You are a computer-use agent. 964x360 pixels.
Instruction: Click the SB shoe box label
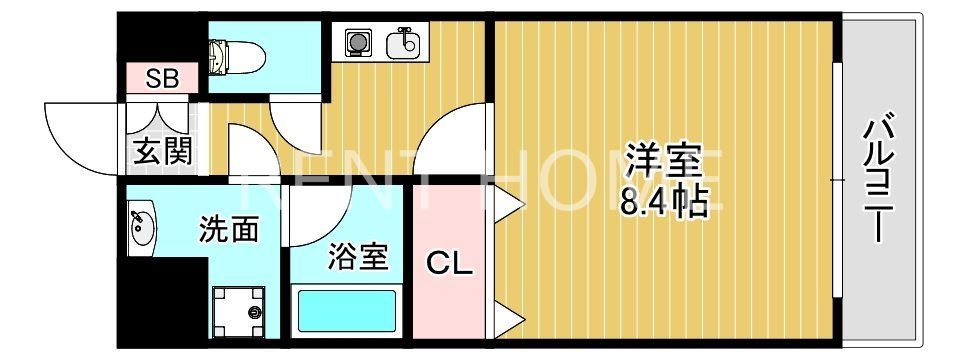coord(163,79)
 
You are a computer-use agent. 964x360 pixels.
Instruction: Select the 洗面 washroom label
coord(229,229)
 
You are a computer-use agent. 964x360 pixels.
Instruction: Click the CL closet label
coord(450,264)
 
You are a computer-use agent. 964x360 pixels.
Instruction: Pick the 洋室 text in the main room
coord(661,160)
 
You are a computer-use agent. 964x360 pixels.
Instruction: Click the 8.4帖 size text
coord(662,203)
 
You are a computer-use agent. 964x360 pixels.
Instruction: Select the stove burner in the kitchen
coord(357,42)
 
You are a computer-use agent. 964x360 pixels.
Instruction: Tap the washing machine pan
coord(240,309)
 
